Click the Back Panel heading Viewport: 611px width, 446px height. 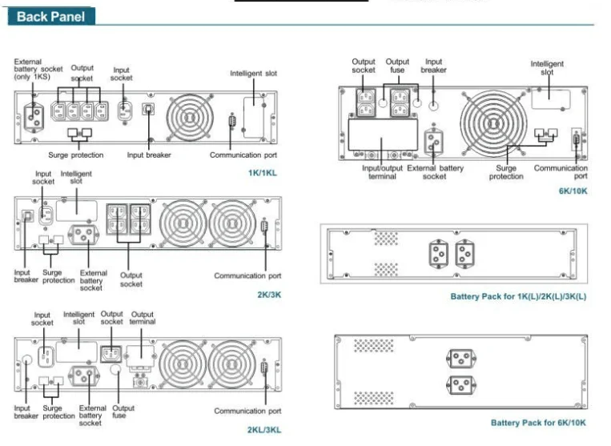click(50, 16)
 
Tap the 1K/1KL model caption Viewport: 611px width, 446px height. click(263, 173)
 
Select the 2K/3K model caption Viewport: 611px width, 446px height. click(269, 295)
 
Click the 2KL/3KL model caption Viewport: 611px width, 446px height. click(263, 430)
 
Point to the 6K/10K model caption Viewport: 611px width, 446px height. click(573, 191)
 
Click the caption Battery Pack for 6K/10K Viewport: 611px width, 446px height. click(538, 423)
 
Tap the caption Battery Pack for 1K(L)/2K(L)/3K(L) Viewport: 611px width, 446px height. click(518, 296)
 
